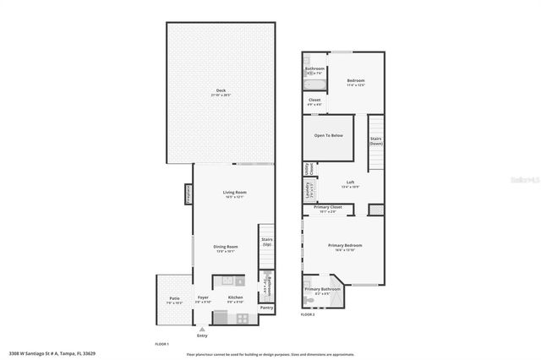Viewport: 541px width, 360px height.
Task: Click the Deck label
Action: (221, 90)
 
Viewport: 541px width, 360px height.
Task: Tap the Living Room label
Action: (234, 193)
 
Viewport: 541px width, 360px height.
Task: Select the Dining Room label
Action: (226, 247)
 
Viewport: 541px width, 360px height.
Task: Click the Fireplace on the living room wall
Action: (189, 195)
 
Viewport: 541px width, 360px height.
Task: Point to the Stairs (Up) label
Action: (266, 242)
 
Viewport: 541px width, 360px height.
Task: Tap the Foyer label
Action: (203, 297)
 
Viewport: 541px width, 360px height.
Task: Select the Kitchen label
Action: (235, 297)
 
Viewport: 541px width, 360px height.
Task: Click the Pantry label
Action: (266, 308)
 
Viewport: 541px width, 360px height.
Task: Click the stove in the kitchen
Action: (242, 318)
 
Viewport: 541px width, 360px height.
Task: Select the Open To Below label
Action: (328, 134)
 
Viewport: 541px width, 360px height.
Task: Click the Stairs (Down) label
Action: (375, 141)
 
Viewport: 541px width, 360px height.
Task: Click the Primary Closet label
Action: (327, 207)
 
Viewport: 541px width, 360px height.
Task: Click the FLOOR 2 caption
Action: (308, 314)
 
